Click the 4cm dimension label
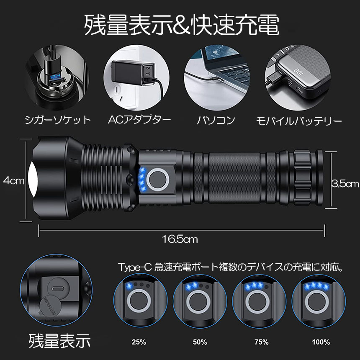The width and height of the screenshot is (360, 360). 14,181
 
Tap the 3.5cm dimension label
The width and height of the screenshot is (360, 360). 345,184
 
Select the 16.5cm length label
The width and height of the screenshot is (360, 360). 180,239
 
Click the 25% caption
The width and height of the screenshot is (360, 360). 139,342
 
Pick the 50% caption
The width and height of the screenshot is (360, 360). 200,342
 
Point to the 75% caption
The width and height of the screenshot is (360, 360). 261,342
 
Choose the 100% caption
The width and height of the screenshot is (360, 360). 321,342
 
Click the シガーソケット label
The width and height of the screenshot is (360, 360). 58,120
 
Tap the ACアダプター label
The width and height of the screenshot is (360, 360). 139,120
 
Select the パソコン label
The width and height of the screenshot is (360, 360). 216,120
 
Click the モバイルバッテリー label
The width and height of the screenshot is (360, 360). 299,121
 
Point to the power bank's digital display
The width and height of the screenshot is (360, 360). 299,72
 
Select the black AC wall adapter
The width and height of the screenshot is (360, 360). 132,73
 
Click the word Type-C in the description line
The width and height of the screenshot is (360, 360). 135,267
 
